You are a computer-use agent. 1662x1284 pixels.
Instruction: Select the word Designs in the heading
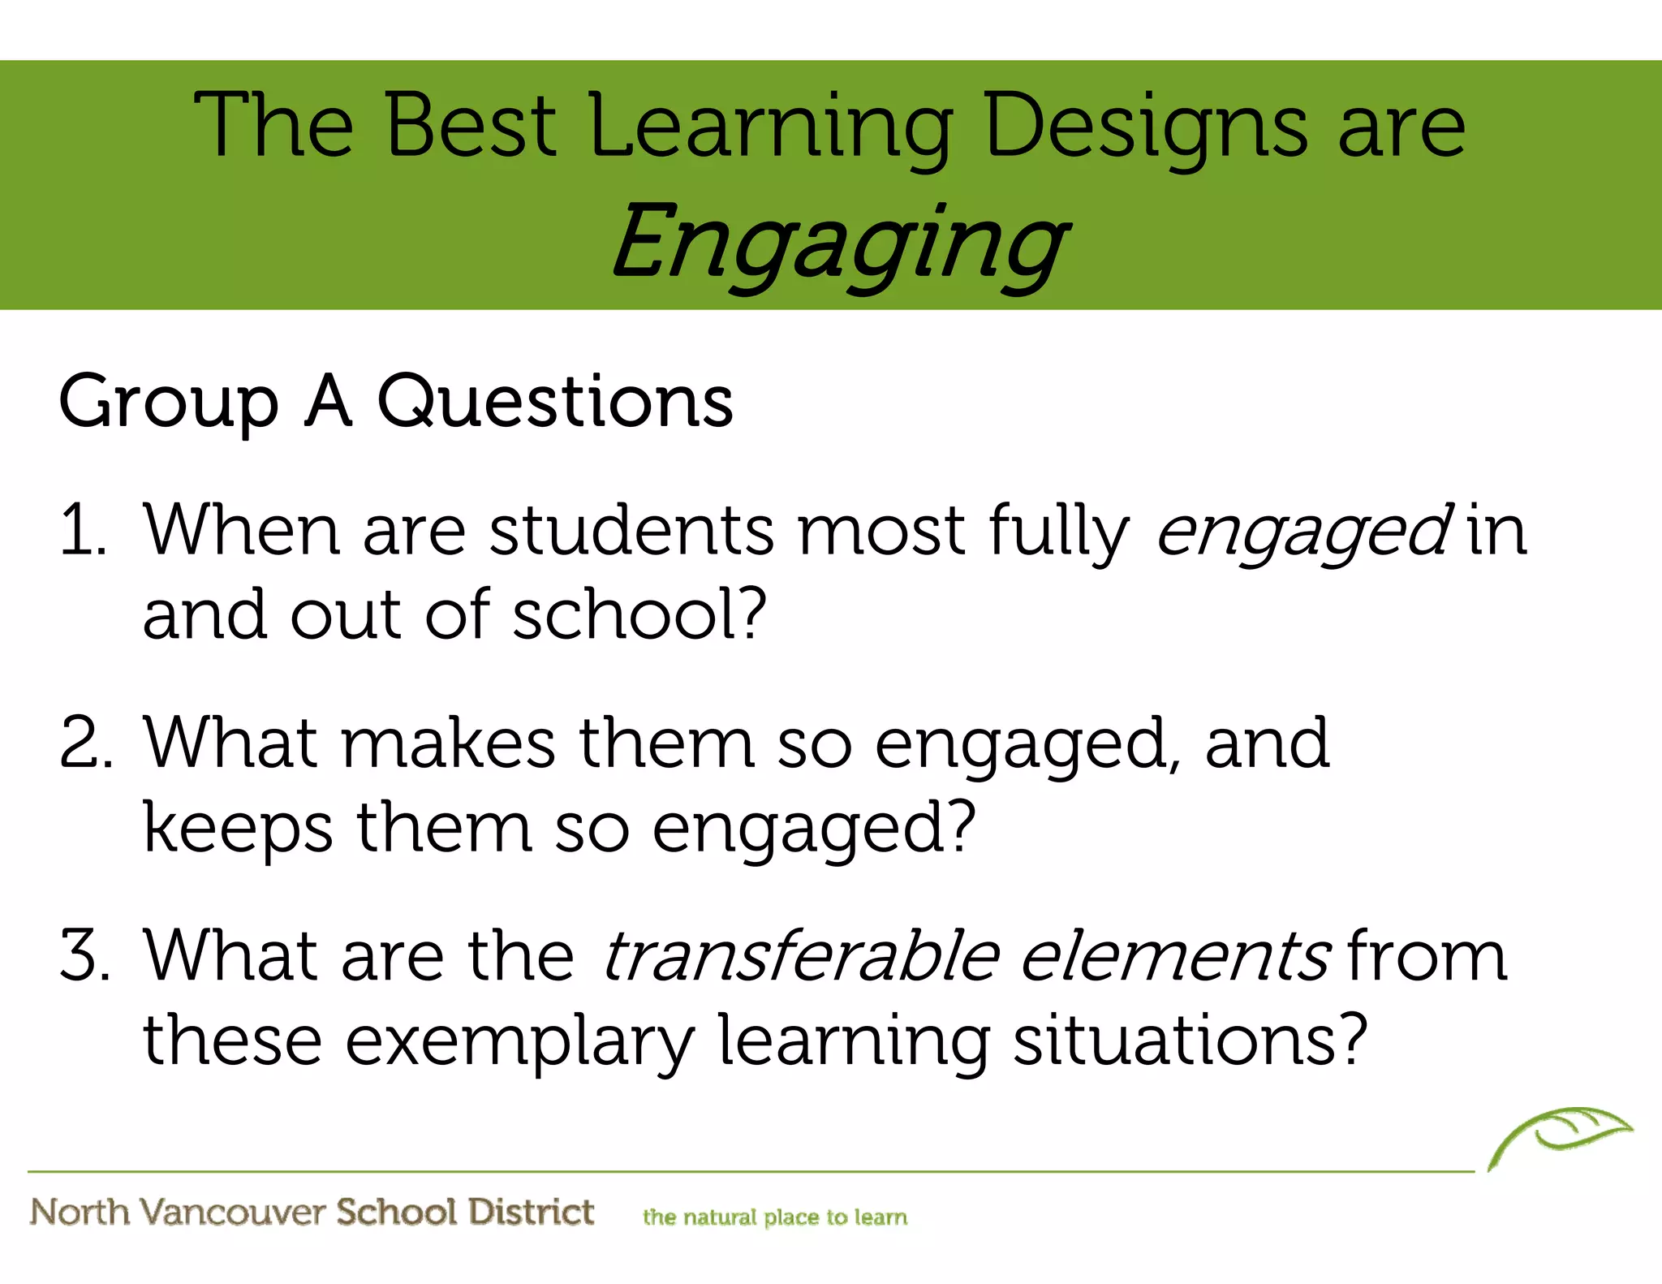[1145, 127]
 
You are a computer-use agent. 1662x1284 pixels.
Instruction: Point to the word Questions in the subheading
[555, 402]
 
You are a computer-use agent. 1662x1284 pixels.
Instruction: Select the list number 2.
[84, 743]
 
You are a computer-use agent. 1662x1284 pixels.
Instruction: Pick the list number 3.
[84, 955]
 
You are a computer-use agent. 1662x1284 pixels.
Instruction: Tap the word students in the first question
[631, 532]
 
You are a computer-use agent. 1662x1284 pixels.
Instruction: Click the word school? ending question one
[639, 614]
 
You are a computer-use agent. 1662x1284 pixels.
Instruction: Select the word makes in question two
[448, 743]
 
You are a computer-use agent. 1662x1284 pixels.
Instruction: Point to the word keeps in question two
[237, 828]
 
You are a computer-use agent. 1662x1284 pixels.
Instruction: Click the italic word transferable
[799, 956]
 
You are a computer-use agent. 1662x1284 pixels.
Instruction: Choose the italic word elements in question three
[1173, 956]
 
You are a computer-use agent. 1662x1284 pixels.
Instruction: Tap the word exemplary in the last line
[519, 1041]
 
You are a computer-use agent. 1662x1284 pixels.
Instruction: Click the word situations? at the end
[1190, 1041]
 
